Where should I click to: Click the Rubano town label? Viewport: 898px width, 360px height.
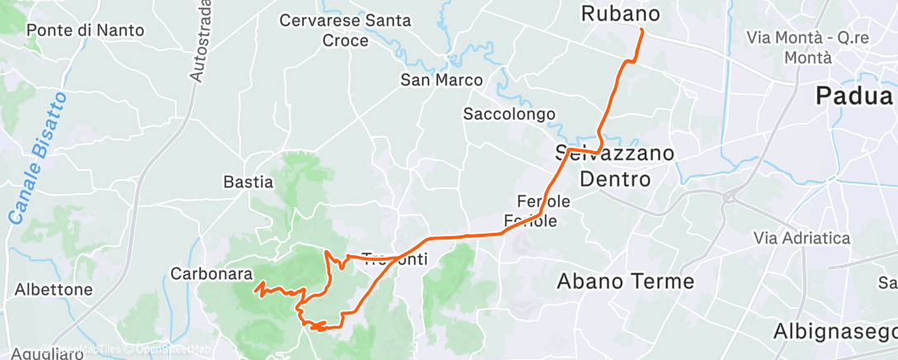(622, 14)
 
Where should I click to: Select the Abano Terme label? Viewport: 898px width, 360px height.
(626, 281)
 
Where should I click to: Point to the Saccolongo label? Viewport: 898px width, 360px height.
(509, 114)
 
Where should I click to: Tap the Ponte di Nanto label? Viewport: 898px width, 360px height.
(85, 31)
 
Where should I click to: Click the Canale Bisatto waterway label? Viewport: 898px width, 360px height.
(39, 159)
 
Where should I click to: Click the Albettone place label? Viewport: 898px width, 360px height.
(53, 290)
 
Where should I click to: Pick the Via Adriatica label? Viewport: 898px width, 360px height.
(801, 238)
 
